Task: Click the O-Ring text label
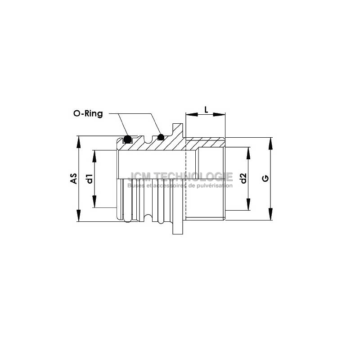(88, 113)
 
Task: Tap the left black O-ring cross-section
(127, 139)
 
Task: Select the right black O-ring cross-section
(161, 137)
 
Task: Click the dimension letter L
(206, 110)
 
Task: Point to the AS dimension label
(74, 178)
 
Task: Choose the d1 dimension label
(89, 179)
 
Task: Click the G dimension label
(265, 178)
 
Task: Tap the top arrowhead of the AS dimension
(79, 142)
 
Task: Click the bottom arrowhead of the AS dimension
(79, 216)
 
